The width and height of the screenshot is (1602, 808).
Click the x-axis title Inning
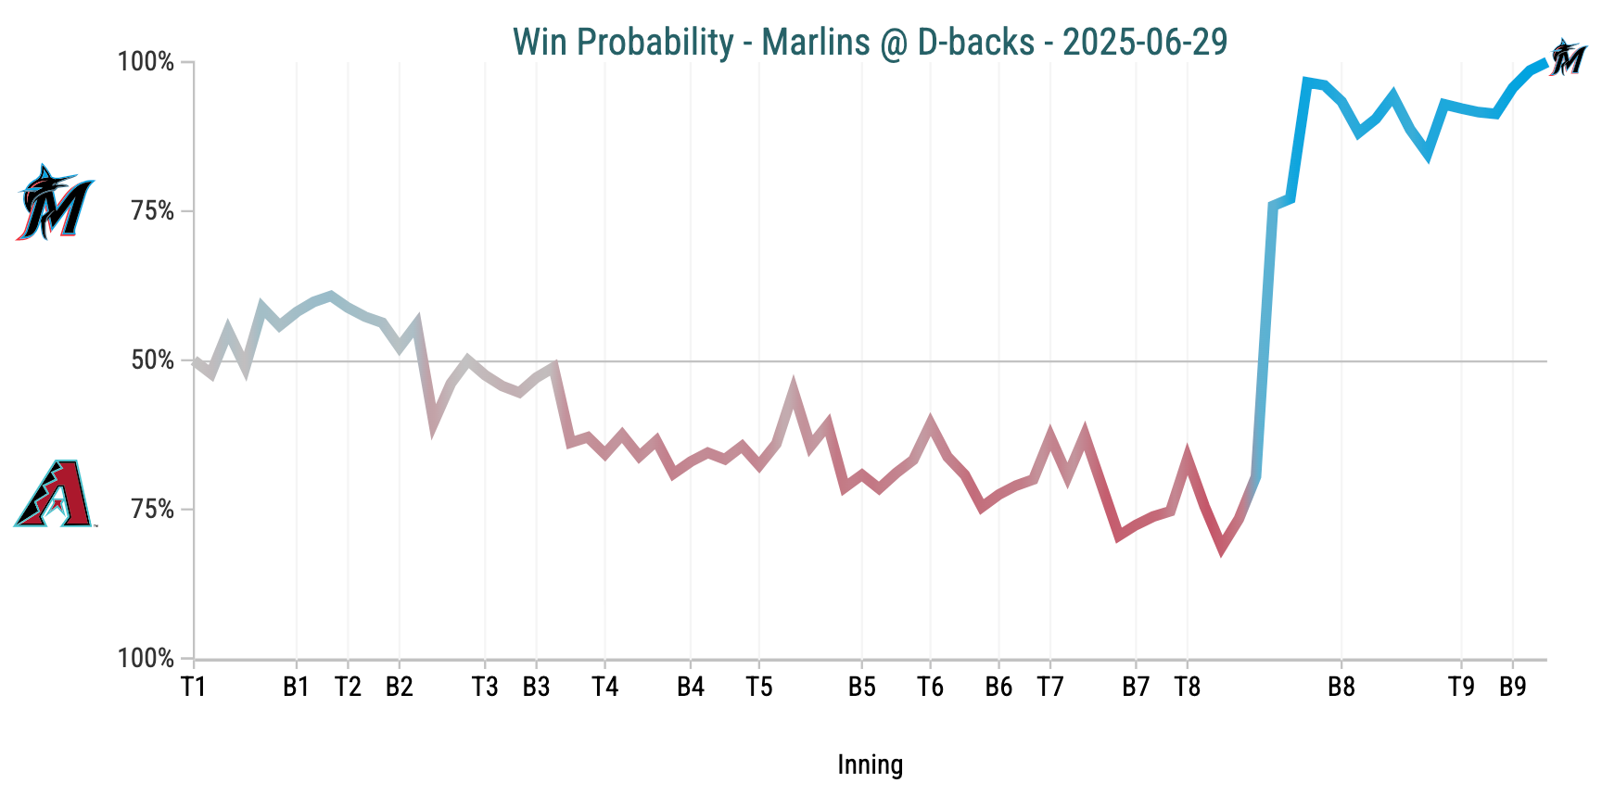point(870,764)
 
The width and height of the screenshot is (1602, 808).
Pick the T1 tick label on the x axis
point(193,687)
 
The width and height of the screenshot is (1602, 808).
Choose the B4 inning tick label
point(690,687)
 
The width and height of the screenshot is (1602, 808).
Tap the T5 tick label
point(758,687)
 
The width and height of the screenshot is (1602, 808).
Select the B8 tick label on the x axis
point(1341,687)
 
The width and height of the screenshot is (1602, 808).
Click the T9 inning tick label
point(1461,687)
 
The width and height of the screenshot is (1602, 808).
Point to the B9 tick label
point(1513,687)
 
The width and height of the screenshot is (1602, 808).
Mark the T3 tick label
point(484,687)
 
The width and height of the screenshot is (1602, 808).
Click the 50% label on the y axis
point(153,360)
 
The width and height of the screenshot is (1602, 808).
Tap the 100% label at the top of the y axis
point(146,62)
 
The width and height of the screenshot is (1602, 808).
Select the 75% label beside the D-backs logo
point(153,510)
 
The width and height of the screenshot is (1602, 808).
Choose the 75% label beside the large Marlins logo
point(153,211)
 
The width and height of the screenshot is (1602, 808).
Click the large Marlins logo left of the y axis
point(55,203)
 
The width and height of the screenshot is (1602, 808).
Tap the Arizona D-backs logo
point(55,493)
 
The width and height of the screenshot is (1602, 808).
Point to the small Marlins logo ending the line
point(1567,57)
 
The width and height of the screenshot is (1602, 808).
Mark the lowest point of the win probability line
point(1221,549)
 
